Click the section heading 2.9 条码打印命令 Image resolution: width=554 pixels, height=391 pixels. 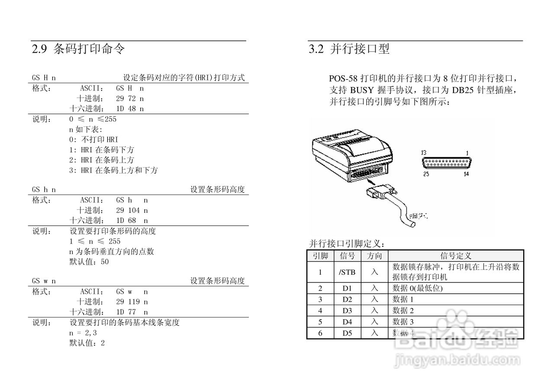coord(78,49)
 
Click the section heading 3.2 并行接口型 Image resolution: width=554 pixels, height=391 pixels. coord(349,49)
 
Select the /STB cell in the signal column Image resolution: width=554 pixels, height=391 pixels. coord(347,272)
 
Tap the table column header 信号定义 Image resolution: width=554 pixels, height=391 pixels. coord(455,256)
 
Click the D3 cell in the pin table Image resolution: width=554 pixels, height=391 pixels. coord(347,311)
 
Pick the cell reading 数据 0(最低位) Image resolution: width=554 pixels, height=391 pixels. coord(417,288)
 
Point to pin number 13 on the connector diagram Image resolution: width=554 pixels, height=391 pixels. coord(423,153)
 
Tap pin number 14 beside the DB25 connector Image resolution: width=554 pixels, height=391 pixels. coord(466,174)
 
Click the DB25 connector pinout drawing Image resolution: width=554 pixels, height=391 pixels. coord(446,163)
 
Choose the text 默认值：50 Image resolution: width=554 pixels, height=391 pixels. coord(89,262)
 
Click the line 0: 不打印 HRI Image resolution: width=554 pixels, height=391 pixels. coord(93,139)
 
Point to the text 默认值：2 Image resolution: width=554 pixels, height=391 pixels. coord(87,343)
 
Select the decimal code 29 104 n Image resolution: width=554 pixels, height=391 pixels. coord(132,210)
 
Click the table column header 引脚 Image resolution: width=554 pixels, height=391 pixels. coord(320,256)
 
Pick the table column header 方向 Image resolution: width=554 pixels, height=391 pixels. coord(374,256)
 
